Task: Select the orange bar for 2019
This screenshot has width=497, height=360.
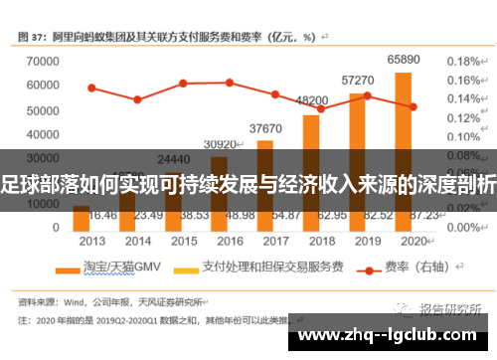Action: [x=357, y=159]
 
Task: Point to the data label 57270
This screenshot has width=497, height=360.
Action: [x=358, y=80]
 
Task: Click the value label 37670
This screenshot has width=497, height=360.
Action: [x=265, y=128]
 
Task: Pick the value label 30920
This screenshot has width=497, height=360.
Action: [x=220, y=144]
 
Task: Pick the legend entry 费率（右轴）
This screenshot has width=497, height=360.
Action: [x=401, y=266]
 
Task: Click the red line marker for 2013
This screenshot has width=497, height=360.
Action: [x=91, y=88]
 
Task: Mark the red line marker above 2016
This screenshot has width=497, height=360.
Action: [x=229, y=83]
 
